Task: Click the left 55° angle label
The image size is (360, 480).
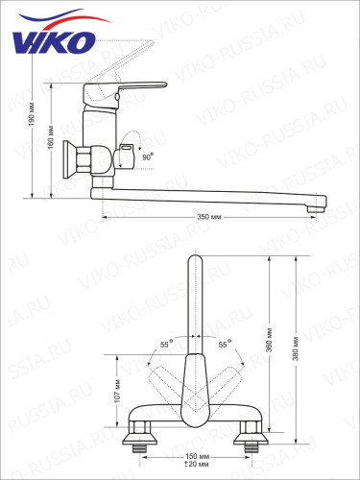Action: tap(165, 343)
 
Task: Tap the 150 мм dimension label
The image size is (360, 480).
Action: tap(196, 456)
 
